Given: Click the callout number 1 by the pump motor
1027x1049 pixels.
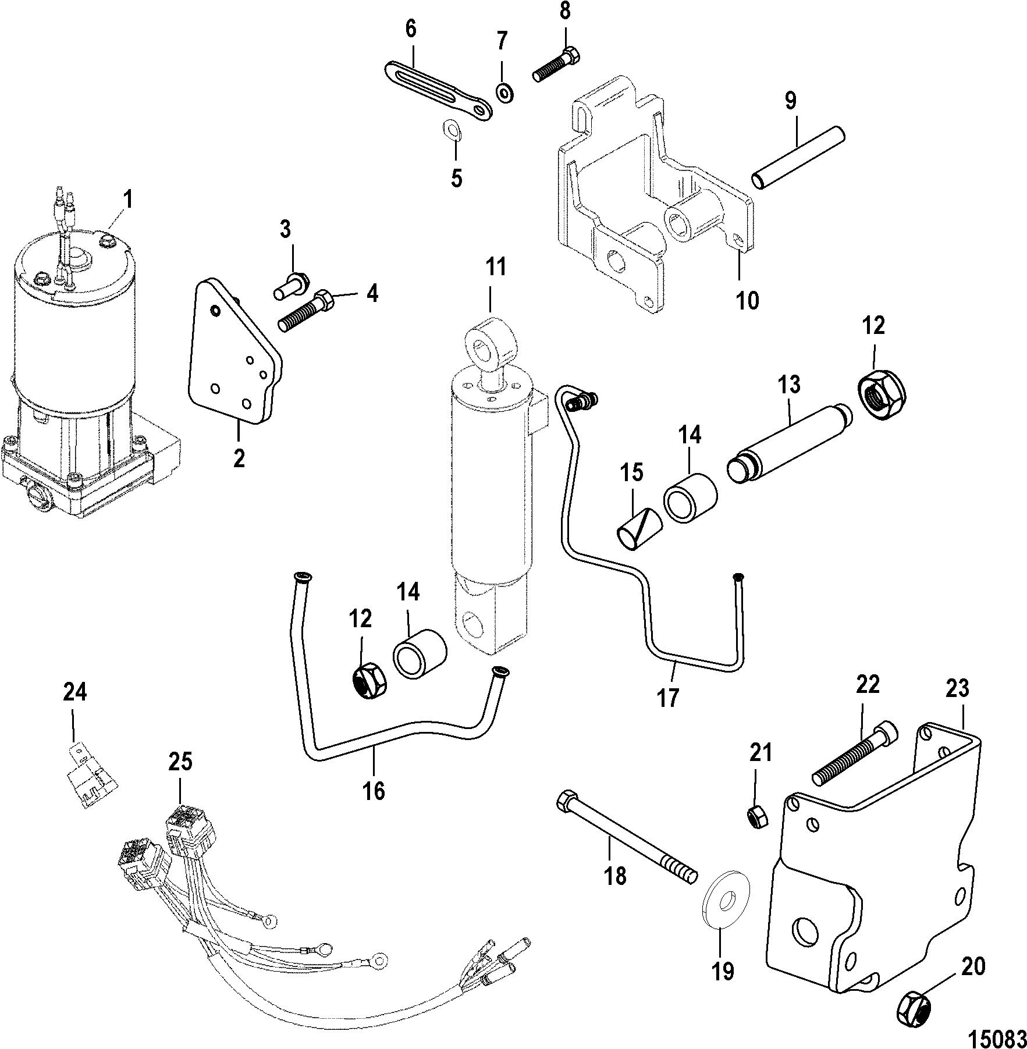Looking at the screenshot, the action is click(127, 200).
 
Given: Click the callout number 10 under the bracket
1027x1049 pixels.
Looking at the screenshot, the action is click(748, 300).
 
